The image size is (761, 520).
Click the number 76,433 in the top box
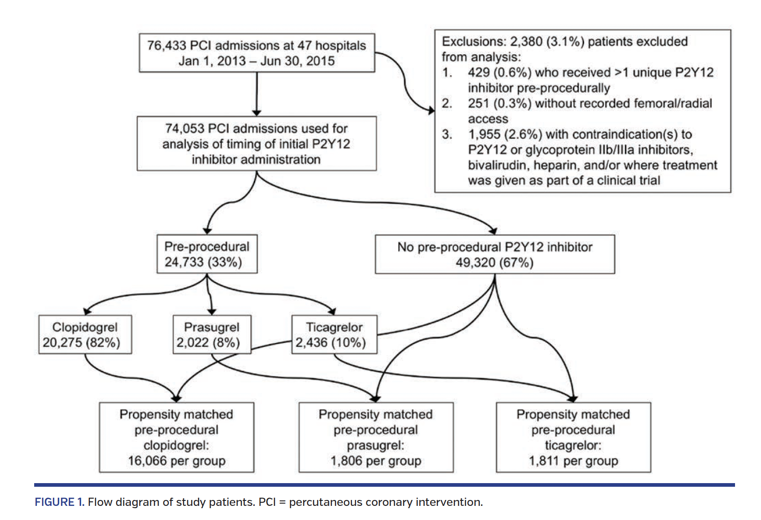coord(166,46)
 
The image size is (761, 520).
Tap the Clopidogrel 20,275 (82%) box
coord(85,335)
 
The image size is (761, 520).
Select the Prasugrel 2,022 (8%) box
coord(211,335)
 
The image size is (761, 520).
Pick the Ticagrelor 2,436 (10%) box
coord(334,335)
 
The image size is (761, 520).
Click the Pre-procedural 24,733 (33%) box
coord(207,254)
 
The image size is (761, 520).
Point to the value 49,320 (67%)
coord(494,263)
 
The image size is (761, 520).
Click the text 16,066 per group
coord(176,461)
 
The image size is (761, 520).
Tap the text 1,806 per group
coord(375,461)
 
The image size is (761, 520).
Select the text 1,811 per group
coord(573,461)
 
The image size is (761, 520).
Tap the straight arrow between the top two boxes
coord(257,93)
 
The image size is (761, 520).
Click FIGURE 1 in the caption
coord(59,502)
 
